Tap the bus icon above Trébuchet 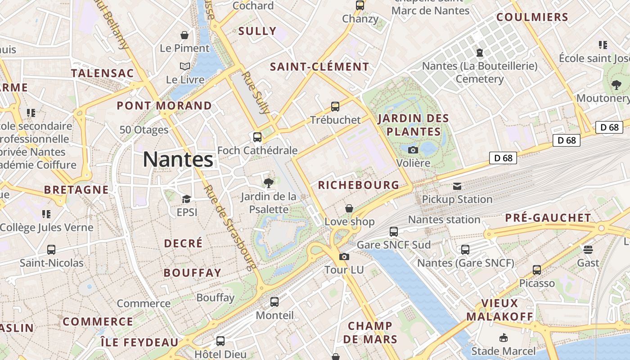point(335,107)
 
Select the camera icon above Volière point(413,150)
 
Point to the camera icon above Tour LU point(344,256)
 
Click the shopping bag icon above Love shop point(349,208)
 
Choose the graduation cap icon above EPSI point(186,199)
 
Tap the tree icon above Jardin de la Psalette point(269,183)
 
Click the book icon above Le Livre point(185,67)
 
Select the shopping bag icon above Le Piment point(184,35)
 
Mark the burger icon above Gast point(588,249)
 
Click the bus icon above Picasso point(537,270)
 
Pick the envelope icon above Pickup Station point(457,186)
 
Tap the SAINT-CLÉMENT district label point(319,67)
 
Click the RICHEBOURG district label point(359,185)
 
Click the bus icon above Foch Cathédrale point(257,137)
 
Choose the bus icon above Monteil point(274,302)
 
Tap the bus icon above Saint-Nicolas point(51,250)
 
